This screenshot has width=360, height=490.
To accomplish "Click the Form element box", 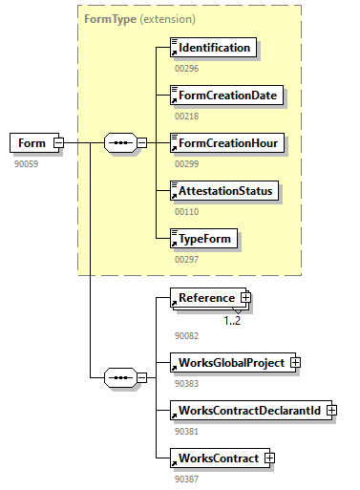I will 32,143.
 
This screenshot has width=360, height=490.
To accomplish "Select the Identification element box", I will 213,48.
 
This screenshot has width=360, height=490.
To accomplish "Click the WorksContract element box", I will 217,458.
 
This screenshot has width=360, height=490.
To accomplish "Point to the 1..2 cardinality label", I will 233,320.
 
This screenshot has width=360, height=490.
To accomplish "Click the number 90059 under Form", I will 27,163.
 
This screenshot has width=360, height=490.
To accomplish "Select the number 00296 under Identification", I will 187,68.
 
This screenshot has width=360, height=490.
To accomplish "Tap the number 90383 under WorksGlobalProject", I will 187,383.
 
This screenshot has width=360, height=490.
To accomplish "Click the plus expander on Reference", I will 245,298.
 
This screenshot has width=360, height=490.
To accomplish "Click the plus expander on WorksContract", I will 269,458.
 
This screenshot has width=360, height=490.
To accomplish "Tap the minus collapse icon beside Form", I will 59,143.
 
